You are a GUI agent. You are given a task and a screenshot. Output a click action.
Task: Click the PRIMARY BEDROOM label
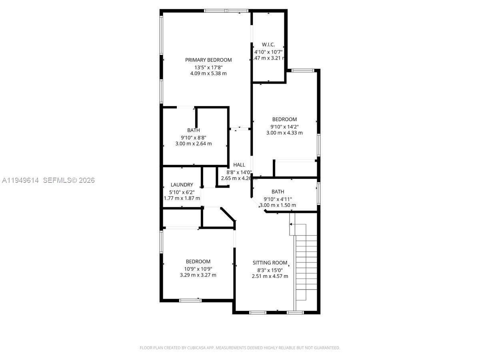[x=208, y=60]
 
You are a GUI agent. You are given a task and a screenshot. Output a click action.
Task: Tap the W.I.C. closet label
[x=268, y=44]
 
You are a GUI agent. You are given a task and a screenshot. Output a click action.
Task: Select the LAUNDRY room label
[x=182, y=185]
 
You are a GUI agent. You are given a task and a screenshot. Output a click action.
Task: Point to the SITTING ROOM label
[x=270, y=263]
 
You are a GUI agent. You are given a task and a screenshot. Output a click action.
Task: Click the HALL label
[x=239, y=165]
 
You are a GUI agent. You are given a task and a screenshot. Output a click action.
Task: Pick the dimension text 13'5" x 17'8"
[x=208, y=67]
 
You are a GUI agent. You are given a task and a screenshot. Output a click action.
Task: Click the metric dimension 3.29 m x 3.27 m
[x=198, y=275]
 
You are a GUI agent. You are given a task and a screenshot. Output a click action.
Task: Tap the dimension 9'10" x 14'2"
[x=284, y=126]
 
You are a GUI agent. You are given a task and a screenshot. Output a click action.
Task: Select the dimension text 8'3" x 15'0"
[x=270, y=270]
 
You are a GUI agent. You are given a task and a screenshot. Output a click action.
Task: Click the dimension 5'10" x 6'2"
[x=182, y=192]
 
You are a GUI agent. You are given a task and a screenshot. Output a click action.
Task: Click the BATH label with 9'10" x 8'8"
[x=194, y=130]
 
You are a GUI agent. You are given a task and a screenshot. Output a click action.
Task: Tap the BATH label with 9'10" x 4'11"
[x=278, y=192]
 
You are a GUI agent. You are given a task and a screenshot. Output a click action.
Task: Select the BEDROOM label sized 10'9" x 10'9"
[x=198, y=261]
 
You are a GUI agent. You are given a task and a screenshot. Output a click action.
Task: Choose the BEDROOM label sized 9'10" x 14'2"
[x=284, y=119]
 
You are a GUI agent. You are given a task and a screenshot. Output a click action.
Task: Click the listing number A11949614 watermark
[x=20, y=180]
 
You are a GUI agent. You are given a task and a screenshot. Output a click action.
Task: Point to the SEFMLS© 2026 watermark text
[x=69, y=180]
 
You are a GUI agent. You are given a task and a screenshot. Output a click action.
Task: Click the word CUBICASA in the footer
[x=196, y=348]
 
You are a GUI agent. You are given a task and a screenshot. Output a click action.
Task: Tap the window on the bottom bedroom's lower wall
[x=190, y=300]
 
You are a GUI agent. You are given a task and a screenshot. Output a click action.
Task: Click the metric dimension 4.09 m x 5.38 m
[x=208, y=74]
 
